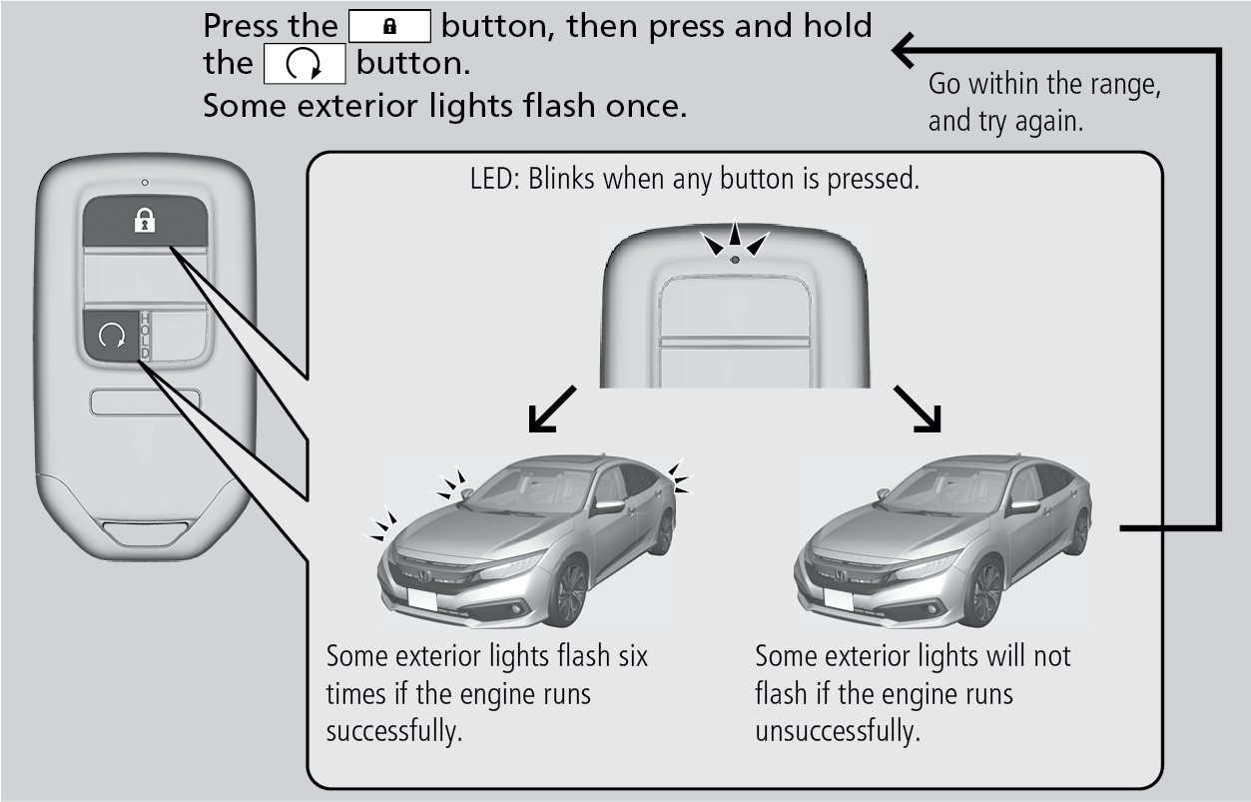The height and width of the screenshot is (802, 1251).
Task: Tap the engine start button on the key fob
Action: coord(111,338)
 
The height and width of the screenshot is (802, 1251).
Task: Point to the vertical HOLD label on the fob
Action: coord(145,337)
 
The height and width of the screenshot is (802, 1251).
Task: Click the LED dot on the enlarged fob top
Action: coord(734,260)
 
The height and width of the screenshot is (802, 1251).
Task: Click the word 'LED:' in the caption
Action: coord(492,183)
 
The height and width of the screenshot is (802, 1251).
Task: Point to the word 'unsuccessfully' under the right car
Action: coord(836,730)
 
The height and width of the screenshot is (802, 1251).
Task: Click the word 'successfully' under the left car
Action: coord(393,730)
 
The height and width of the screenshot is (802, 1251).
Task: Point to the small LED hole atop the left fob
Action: coord(145,182)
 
